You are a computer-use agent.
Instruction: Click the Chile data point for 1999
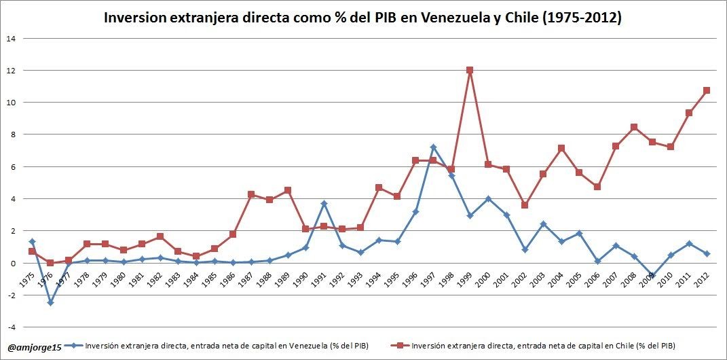(470, 70)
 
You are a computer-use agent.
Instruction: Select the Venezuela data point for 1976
(50, 303)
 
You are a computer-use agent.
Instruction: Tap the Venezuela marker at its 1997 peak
(433, 147)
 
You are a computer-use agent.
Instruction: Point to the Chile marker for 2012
(706, 90)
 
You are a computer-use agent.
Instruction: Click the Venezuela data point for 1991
(324, 204)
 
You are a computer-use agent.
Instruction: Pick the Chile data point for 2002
(524, 205)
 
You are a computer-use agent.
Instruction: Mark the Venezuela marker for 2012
(706, 253)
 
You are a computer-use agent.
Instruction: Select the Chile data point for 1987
(251, 194)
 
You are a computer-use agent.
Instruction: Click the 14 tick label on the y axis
(11, 38)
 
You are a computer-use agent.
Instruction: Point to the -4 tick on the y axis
(11, 327)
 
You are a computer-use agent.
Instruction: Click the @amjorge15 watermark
(35, 347)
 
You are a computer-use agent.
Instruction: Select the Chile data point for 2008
(633, 127)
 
